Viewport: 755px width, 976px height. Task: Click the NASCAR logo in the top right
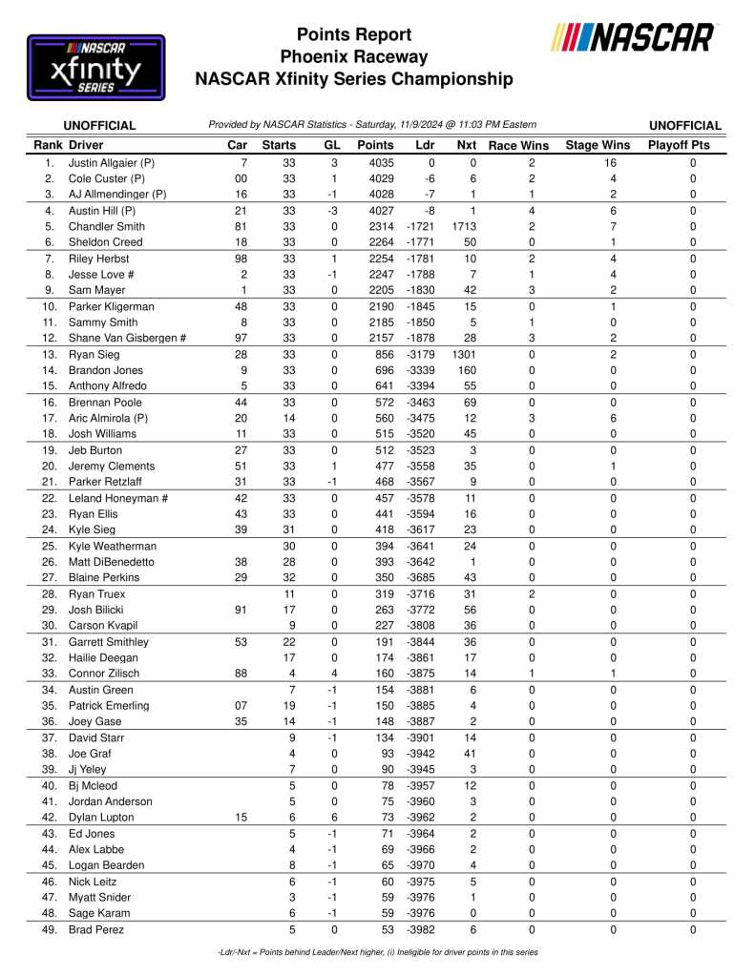633,39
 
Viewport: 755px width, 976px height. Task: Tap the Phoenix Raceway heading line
354,57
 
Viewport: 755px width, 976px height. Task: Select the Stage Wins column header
598,146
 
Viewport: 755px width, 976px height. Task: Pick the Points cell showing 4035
375,163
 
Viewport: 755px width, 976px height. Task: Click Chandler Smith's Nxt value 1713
463,227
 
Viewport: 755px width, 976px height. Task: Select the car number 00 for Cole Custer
241,179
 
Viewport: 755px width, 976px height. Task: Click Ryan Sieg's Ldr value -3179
420,355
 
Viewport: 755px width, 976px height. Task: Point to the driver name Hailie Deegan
103,658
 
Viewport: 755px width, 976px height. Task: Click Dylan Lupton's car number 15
241,818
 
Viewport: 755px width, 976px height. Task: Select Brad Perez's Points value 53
386,929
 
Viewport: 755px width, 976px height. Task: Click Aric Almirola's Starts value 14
291,419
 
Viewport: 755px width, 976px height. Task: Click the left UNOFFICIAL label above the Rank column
99,125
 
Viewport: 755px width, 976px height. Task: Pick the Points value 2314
375,227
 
